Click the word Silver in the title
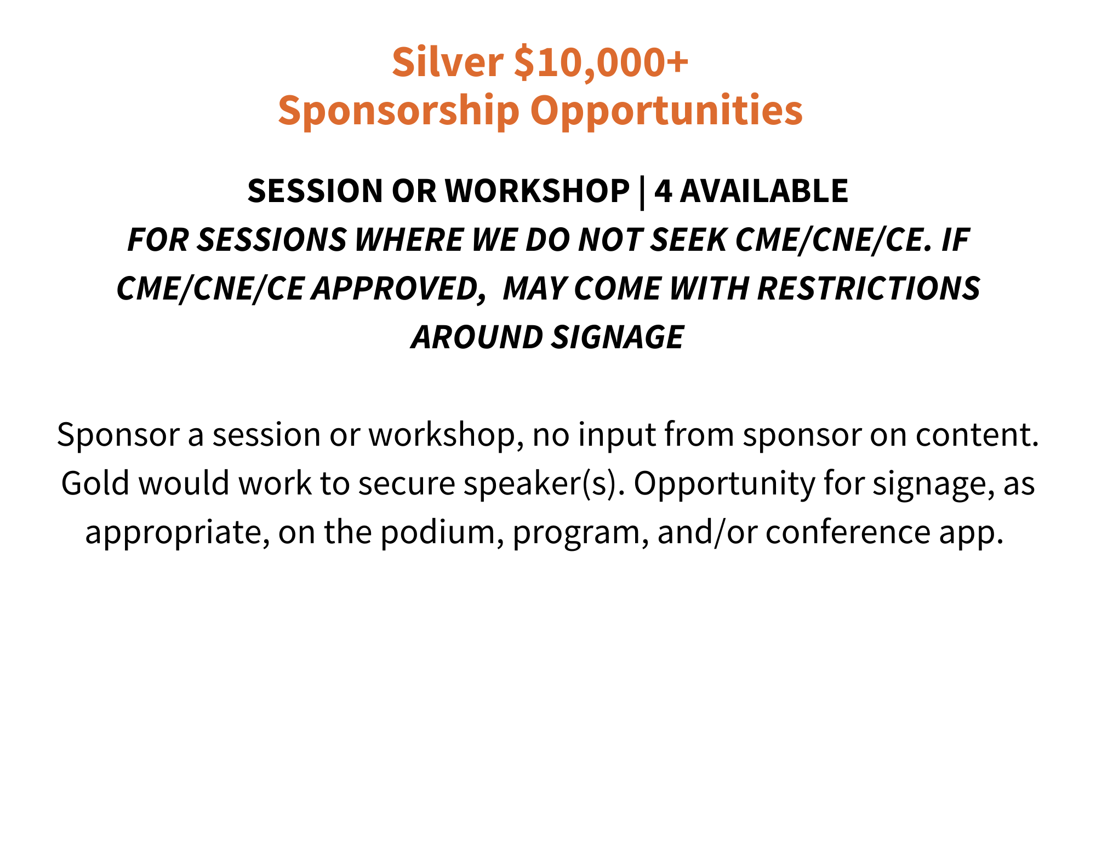click(448, 62)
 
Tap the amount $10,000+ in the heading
click(601, 62)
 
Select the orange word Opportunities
click(666, 112)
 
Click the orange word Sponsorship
click(399, 112)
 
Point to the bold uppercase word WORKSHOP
click(537, 191)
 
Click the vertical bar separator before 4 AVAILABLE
click(642, 192)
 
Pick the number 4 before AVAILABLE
click(663, 191)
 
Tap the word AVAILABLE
click(764, 191)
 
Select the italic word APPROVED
click(398, 289)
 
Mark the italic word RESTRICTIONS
click(869, 289)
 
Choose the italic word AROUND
click(477, 337)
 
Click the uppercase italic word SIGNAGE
click(618, 337)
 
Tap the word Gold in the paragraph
click(95, 484)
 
